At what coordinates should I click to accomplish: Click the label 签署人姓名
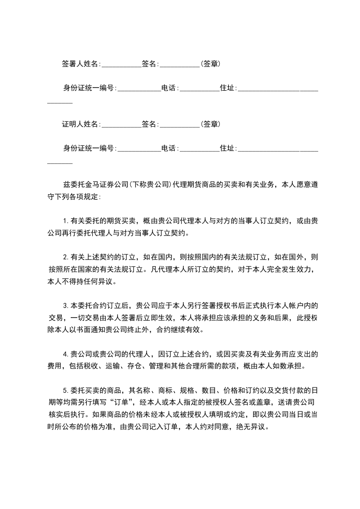click(80, 64)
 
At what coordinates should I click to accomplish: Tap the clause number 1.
click(65, 222)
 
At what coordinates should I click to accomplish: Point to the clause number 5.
click(65, 389)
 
